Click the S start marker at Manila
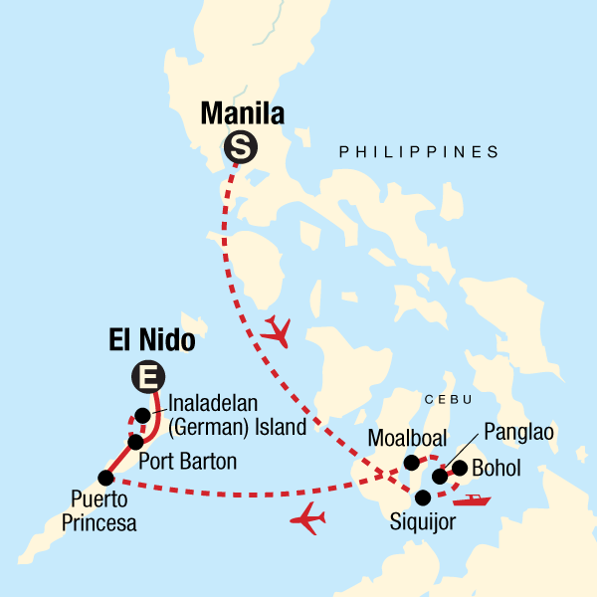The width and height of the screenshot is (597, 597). tap(240, 147)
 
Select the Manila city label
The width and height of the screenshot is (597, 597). tap(243, 113)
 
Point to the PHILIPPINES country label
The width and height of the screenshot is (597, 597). tap(418, 152)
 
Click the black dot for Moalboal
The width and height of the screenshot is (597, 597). tap(411, 462)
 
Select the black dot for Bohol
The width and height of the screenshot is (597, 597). tap(460, 468)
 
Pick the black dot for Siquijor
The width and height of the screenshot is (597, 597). tap(423, 497)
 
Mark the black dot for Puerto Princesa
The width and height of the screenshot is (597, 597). tap(104, 478)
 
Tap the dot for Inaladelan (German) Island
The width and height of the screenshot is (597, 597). tap(143, 415)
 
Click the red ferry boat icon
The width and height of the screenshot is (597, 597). tap(477, 499)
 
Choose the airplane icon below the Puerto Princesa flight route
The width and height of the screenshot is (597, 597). tap(310, 517)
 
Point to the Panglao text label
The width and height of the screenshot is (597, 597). tap(518, 433)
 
